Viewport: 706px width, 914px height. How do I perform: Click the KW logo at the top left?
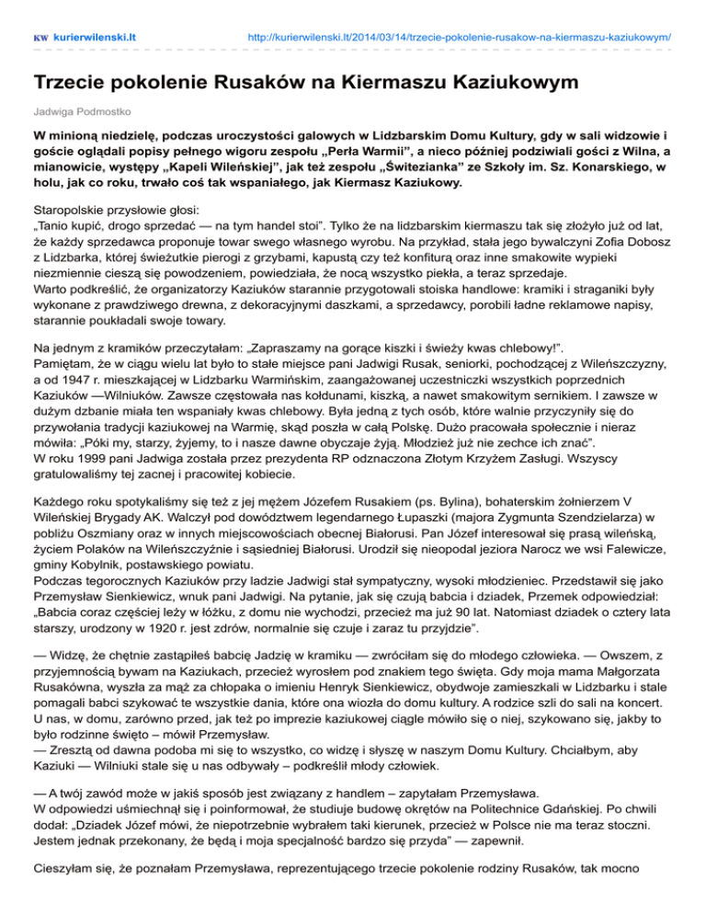[x=40, y=39]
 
